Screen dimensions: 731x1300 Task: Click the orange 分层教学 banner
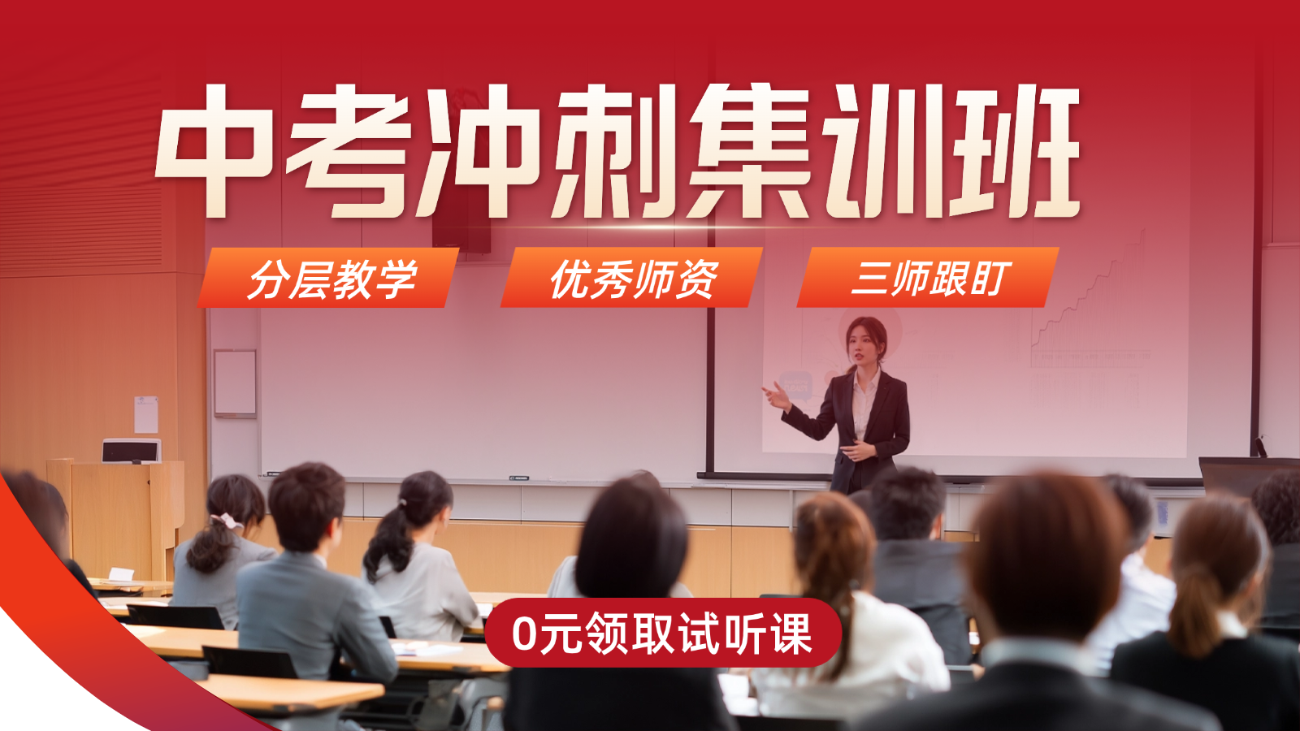[x=329, y=278]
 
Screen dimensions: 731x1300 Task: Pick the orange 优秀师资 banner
[x=632, y=278]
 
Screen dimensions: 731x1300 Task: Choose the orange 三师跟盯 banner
[x=928, y=278]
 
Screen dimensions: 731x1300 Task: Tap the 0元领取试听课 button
[x=662, y=634]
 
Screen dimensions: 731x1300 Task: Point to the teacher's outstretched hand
[x=773, y=396]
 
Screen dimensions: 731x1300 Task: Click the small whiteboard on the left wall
[x=235, y=383]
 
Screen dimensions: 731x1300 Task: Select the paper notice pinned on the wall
[x=146, y=414]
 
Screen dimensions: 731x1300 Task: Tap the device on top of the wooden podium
[x=131, y=450]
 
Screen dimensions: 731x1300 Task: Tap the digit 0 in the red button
[x=525, y=634]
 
